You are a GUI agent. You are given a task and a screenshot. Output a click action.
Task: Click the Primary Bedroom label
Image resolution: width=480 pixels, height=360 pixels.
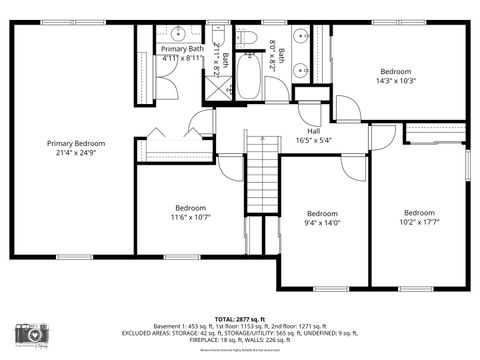(75, 144)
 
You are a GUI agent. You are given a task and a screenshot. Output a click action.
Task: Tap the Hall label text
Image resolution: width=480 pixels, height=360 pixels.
(313, 131)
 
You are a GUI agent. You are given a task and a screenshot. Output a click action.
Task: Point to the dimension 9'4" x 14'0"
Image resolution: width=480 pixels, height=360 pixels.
(322, 224)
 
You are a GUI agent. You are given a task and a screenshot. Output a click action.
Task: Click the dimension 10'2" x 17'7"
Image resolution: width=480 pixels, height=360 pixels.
(419, 223)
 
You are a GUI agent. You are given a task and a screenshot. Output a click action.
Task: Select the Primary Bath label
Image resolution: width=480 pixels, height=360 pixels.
(181, 49)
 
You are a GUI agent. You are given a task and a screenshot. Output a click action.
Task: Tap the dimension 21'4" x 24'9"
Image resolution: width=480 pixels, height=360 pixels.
(75, 154)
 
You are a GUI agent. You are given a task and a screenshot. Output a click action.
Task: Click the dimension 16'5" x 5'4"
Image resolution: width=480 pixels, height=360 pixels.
(313, 141)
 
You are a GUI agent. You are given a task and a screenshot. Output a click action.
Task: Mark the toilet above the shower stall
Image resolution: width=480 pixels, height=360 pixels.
(218, 39)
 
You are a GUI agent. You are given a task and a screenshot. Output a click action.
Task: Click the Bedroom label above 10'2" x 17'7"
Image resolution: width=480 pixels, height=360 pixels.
(419, 213)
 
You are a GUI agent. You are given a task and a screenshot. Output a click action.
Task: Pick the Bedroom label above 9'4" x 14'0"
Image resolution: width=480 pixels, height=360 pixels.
(322, 214)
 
